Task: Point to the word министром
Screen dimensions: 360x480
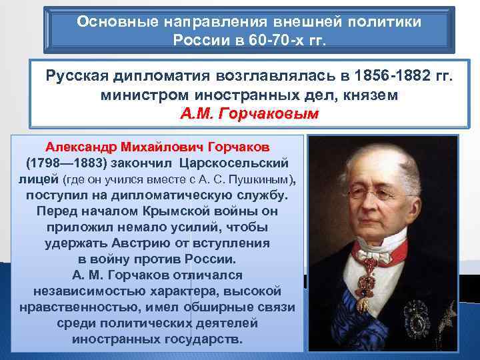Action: [x=140, y=95]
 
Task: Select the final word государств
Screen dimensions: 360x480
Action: [x=208, y=339]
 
